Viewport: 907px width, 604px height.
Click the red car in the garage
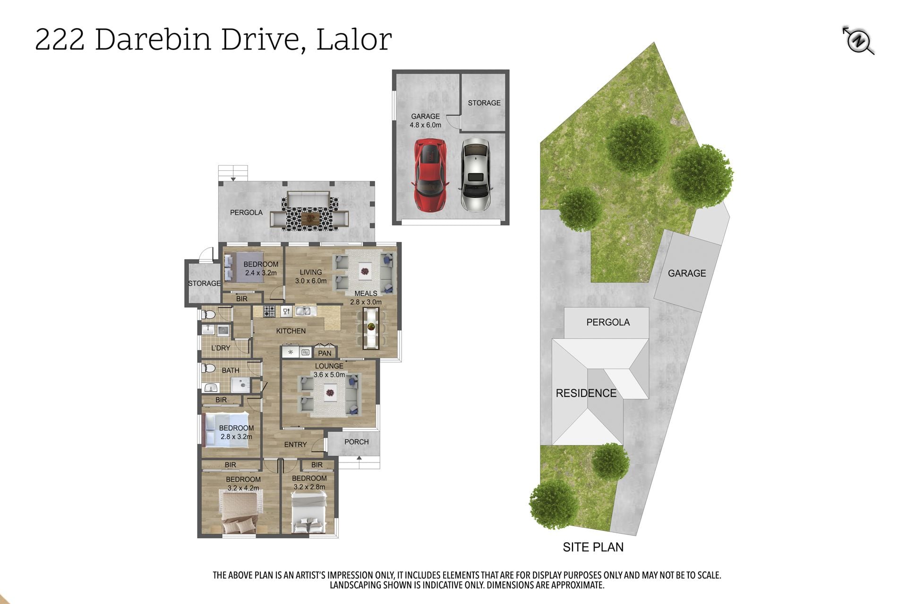tap(430, 175)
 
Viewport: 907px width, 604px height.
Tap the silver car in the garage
tap(475, 175)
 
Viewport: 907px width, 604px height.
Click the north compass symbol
tap(858, 41)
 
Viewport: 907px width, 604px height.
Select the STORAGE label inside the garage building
tap(484, 103)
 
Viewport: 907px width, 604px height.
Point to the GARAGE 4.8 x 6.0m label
tap(426, 120)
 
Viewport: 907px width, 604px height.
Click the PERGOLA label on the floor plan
tap(246, 212)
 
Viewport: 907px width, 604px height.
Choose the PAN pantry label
tap(325, 353)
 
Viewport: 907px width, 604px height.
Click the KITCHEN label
tap(291, 331)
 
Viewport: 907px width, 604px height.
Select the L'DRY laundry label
tap(221, 348)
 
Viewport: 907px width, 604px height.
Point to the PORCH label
tap(357, 442)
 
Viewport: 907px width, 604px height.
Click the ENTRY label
tap(296, 445)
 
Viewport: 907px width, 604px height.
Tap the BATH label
tap(231, 370)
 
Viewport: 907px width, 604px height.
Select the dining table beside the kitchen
tap(371, 328)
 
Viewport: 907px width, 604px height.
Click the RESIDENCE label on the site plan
tap(586, 393)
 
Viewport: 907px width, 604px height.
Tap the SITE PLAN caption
tap(593, 547)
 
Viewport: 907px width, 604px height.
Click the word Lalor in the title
tap(354, 39)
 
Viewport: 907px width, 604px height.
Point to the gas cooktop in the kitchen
tap(269, 311)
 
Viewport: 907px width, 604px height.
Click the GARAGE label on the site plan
tap(687, 273)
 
